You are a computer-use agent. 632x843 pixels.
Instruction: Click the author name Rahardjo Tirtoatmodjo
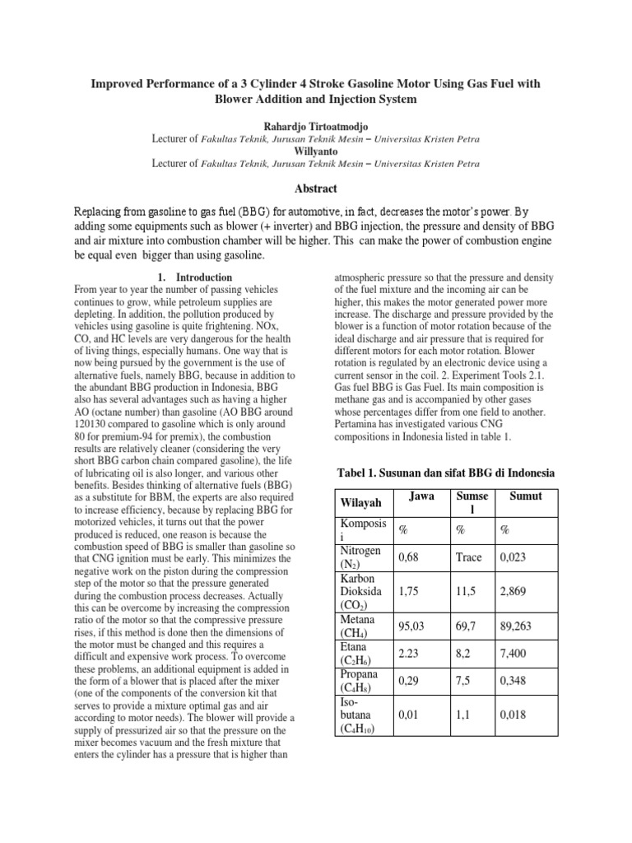(x=316, y=126)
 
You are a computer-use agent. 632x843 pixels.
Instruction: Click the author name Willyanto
(x=316, y=151)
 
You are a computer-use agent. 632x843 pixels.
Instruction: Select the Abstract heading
(x=316, y=189)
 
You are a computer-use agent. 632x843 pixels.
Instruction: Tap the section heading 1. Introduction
(x=193, y=277)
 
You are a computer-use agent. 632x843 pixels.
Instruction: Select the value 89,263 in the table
(x=516, y=626)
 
